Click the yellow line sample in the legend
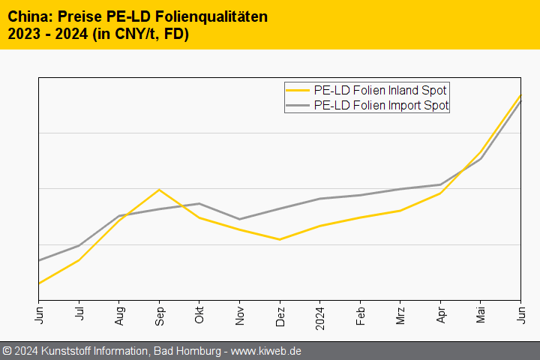[298, 90]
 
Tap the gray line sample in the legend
[298, 106]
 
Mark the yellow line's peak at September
[159, 190]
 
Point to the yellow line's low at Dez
[280, 239]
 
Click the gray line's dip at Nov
[239, 219]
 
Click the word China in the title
[27, 16]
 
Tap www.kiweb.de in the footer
[265, 351]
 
